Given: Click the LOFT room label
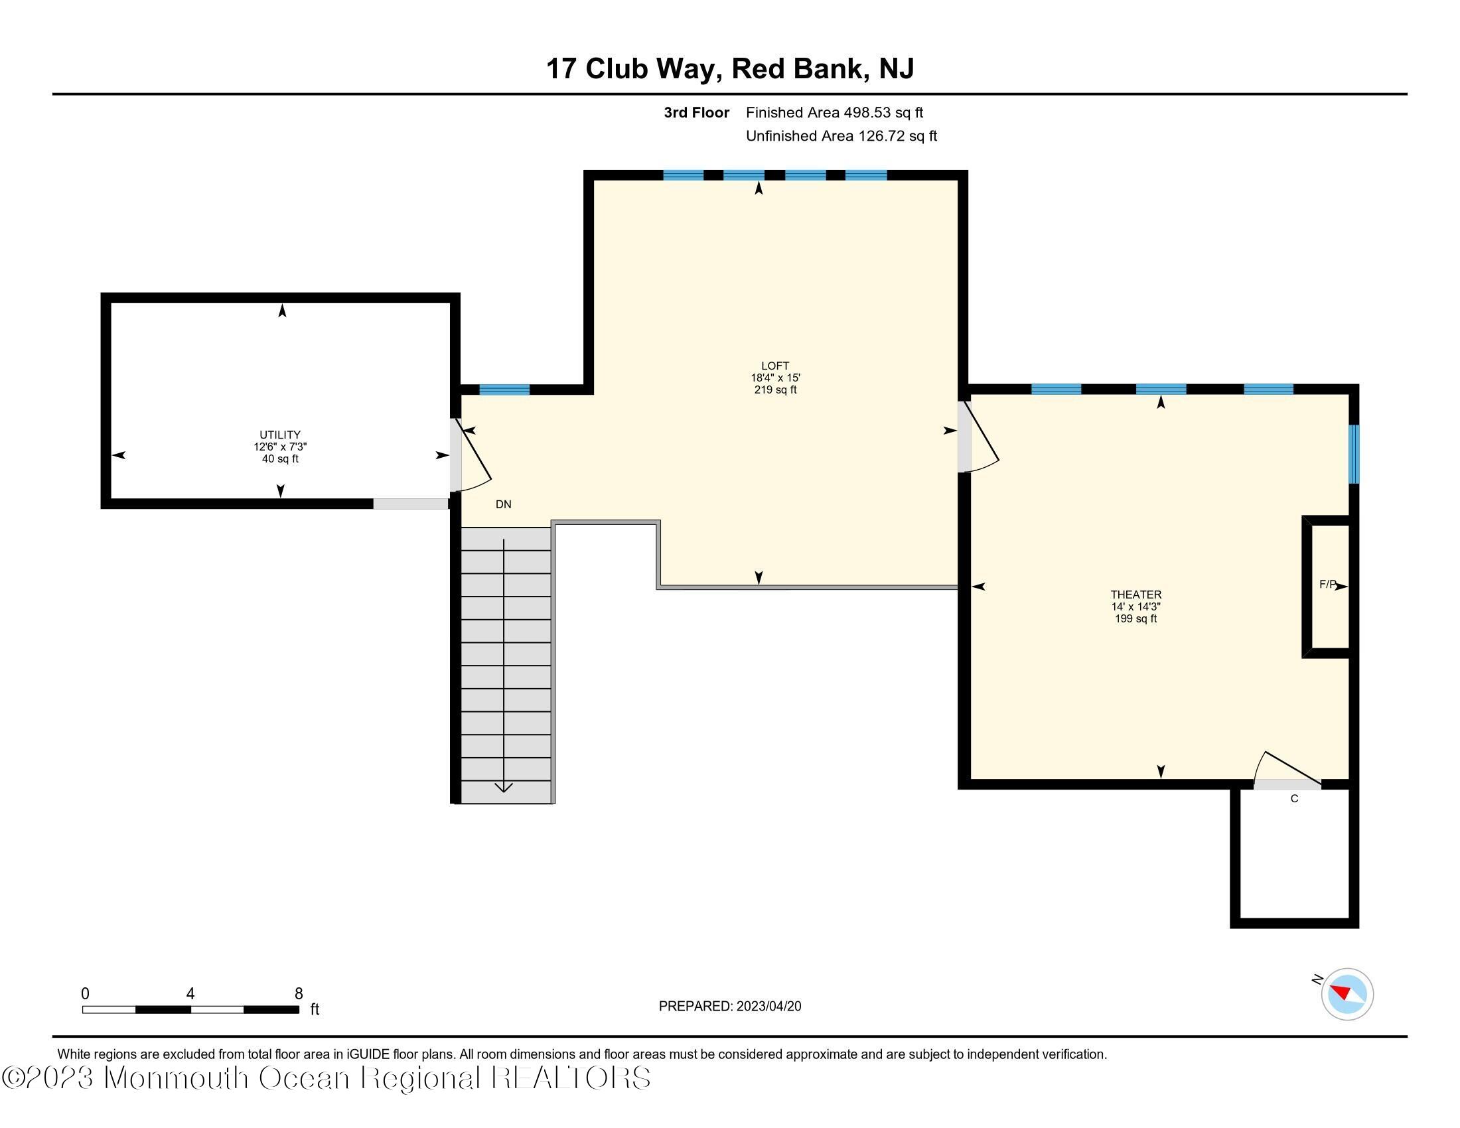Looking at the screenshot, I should (774, 366).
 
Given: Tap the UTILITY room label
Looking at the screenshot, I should (280, 435).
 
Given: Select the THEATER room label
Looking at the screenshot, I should (1135, 594).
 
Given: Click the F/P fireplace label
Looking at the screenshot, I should (1327, 585).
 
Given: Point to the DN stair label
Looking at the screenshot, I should (504, 504).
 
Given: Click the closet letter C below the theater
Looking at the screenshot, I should (1294, 798).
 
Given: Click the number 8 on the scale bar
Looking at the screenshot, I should (299, 994).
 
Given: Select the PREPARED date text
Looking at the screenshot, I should (729, 1007).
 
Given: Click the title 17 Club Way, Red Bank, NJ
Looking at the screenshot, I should (729, 68).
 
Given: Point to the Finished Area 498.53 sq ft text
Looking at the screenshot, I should (834, 112).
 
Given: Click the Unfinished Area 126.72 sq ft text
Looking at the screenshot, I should (841, 135).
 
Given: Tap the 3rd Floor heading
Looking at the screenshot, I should (696, 112).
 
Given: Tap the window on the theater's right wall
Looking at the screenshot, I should (1354, 455).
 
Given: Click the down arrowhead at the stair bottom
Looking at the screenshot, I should (504, 787).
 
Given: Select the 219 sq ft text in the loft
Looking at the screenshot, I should (774, 390).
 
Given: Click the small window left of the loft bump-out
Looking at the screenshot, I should (504, 389).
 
